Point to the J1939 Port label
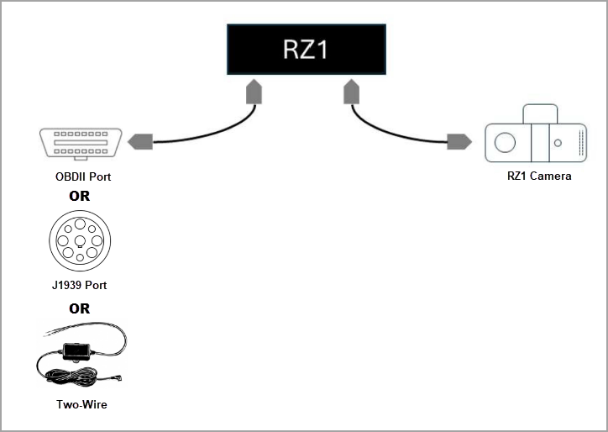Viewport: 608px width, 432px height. (79, 286)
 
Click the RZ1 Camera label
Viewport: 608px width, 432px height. (539, 176)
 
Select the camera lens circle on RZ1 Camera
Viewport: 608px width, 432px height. (504, 143)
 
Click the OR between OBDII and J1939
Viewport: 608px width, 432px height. (79, 196)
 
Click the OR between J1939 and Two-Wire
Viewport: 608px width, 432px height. (79, 308)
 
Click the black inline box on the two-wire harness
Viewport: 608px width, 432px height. (77, 349)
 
